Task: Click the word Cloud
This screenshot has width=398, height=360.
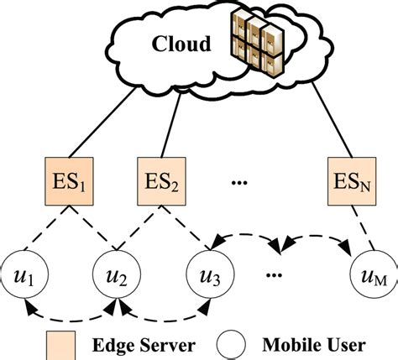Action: point(181,44)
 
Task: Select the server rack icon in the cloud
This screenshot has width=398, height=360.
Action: point(257,44)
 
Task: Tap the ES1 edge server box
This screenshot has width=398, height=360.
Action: point(69,181)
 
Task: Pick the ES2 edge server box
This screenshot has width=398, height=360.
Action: point(161,181)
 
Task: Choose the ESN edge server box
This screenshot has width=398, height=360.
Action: point(352,181)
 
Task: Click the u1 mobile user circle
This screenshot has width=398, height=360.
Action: point(24,274)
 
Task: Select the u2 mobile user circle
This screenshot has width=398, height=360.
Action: point(117,274)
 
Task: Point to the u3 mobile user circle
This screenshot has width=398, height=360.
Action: point(211,274)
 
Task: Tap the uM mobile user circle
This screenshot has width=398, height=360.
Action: point(374,274)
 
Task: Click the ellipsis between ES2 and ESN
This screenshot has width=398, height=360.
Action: point(239,183)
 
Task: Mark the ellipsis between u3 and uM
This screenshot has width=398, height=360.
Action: point(274,275)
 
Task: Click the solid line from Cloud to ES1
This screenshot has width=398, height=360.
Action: point(102,123)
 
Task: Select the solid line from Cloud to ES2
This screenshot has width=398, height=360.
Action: point(170,124)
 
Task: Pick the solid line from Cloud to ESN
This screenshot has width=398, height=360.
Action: point(332,120)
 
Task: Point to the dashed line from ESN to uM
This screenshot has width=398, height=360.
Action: point(363,227)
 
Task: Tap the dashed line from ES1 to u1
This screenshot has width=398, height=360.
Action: point(47,227)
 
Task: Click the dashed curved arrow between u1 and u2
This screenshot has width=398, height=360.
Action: point(70,320)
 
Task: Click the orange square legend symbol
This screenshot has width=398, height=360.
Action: point(60,346)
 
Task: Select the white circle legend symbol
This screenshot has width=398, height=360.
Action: point(231,345)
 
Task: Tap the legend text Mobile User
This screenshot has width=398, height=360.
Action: point(314,345)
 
